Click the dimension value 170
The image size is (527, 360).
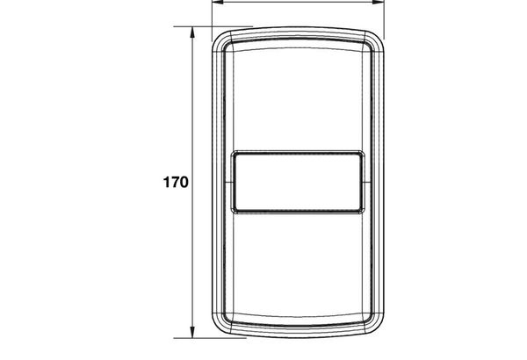[176, 182]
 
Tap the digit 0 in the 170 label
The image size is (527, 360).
[184, 182]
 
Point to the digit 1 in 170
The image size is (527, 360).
[166, 182]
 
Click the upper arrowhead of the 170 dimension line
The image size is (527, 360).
[192, 32]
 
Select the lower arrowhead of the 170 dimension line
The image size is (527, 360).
[192, 332]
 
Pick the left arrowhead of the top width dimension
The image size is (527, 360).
[218, 2]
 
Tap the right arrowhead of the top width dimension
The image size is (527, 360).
[378, 2]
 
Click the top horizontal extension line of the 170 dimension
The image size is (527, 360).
[213, 26]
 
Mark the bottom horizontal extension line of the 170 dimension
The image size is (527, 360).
[210, 338]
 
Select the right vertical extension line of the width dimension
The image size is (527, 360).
[384, 20]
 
